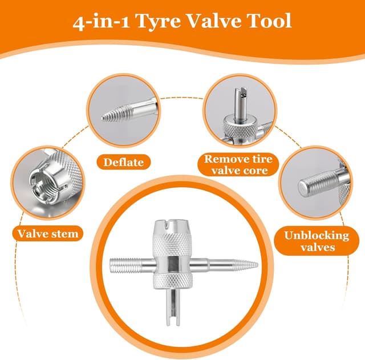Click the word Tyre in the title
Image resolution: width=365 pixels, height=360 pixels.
pos(158,22)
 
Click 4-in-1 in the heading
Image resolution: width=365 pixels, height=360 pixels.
pos(102,22)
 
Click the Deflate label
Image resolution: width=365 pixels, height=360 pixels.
pos(124,162)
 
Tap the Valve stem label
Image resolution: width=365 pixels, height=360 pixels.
pos(48,233)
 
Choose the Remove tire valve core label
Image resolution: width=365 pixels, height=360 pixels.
pos(238,165)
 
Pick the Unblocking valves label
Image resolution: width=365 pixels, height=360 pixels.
pos(317,241)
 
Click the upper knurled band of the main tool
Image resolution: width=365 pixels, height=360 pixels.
pos(172,244)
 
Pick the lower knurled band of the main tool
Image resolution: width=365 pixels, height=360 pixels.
pos(172,280)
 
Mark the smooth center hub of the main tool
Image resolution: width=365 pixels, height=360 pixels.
pos(172,264)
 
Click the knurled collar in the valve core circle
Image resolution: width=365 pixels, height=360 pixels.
pos(240,128)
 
